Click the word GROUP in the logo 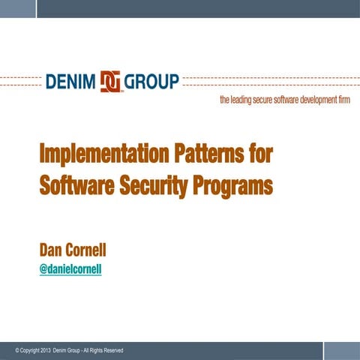pyautogui.click(x=152, y=81)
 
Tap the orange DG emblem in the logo pyautogui.click(x=111, y=81)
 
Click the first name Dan pyautogui.click(x=54, y=249)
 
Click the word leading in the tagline pyautogui.click(x=244, y=101)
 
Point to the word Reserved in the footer pyautogui.click(x=112, y=351)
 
